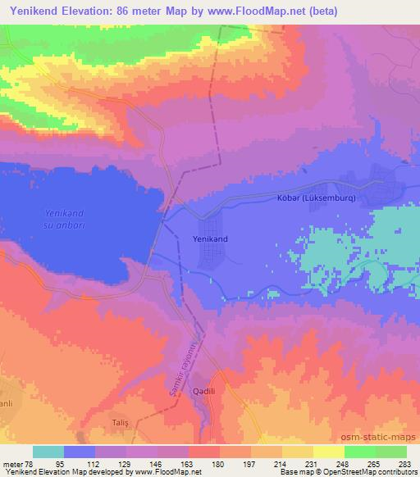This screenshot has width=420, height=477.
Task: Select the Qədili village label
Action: [203, 392]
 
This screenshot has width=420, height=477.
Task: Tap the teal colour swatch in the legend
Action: [48, 451]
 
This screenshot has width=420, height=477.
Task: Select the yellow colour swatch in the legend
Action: [328, 451]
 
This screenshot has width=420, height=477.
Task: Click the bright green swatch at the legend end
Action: [390, 451]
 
